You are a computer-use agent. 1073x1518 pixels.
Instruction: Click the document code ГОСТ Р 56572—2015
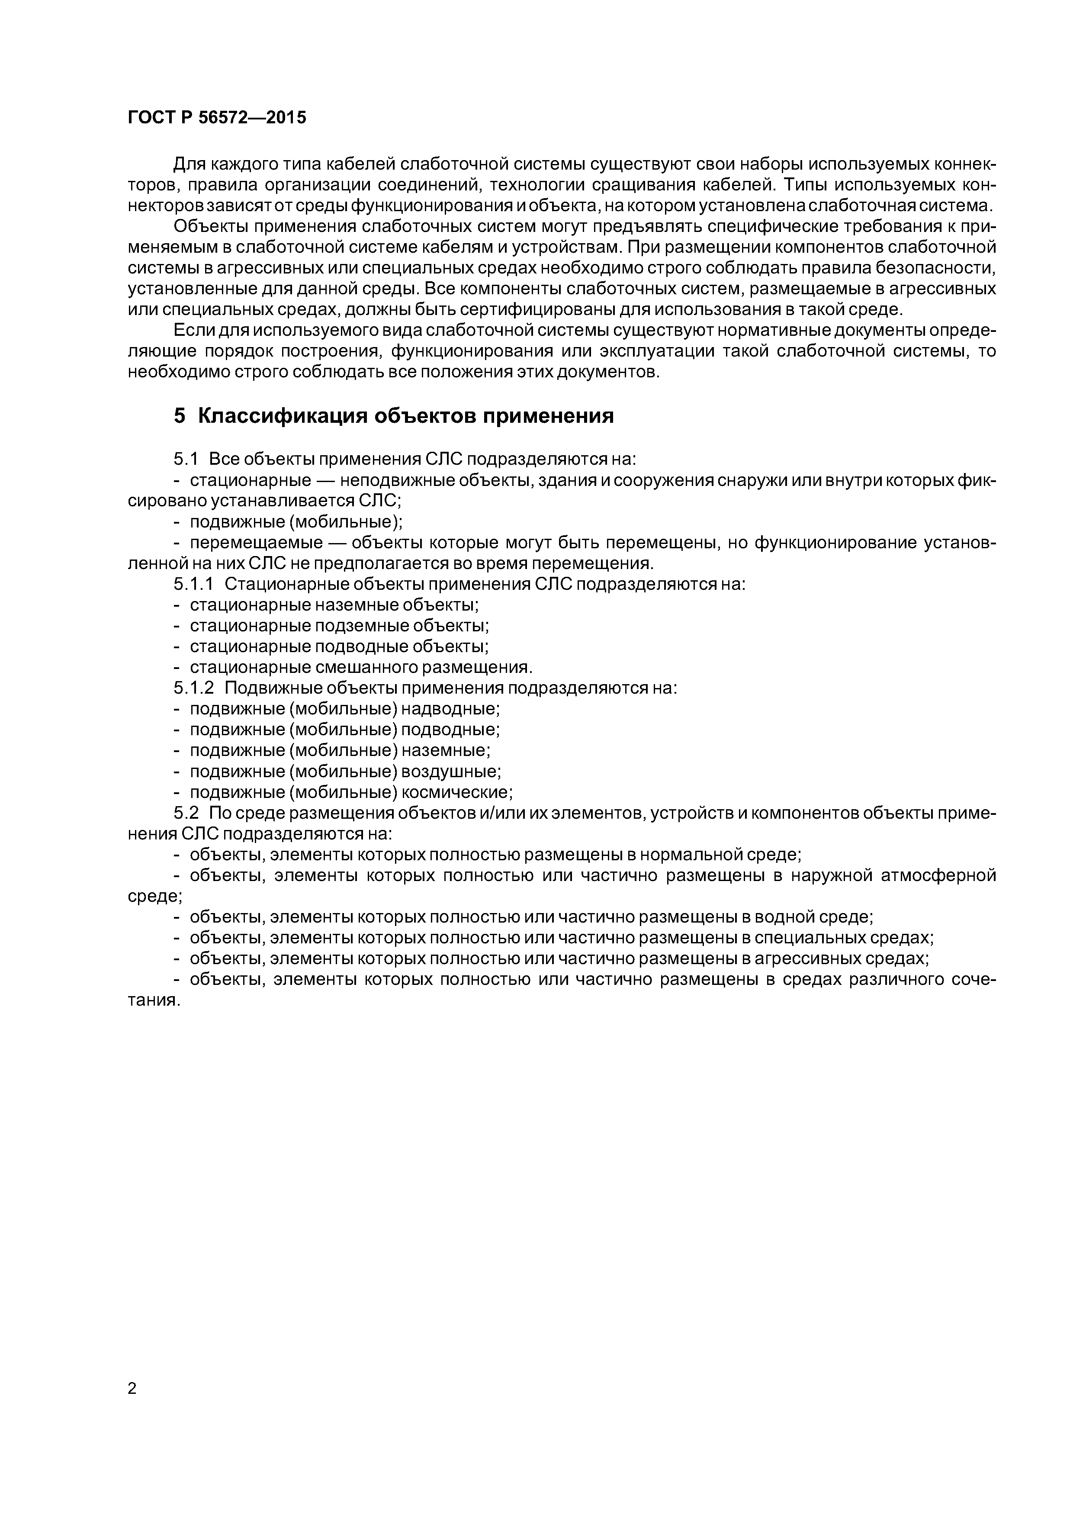pyautogui.click(x=217, y=118)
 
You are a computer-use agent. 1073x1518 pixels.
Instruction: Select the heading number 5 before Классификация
pyautogui.click(x=179, y=415)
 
